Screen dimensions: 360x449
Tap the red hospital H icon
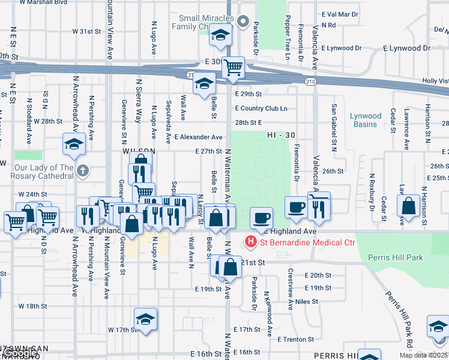click(x=250, y=242)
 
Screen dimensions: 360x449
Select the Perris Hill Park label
click(x=396, y=258)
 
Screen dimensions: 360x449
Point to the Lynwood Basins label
click(x=366, y=120)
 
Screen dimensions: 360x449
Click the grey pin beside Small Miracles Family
click(x=243, y=23)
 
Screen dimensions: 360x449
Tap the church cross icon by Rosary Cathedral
click(x=83, y=171)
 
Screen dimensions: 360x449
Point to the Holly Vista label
click(x=435, y=80)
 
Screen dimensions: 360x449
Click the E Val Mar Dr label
click(x=340, y=13)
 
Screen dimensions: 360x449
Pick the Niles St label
click(x=306, y=301)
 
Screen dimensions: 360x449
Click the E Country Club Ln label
click(x=261, y=109)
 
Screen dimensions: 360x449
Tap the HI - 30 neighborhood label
click(x=281, y=136)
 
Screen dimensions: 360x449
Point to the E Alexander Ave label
click(x=198, y=137)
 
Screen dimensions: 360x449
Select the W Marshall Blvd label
click(x=43, y=2)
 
